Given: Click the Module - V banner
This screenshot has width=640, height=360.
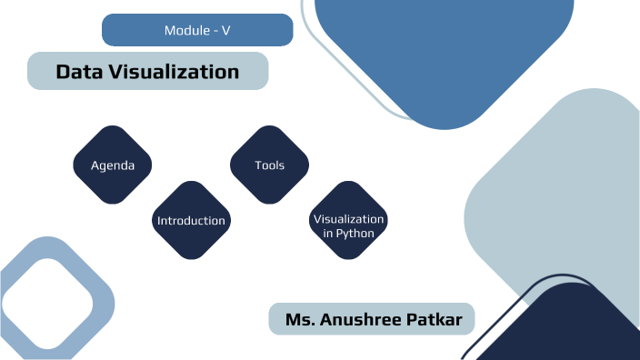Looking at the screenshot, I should coord(197,30).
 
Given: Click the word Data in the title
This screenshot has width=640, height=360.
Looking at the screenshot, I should coord(75,71).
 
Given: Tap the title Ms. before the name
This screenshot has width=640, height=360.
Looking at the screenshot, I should coord(301,320).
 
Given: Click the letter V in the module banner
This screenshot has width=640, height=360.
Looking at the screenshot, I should coord(225,31).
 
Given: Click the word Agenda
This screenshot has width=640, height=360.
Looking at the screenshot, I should coord(113,165).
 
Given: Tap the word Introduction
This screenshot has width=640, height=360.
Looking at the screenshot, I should coord(191,221).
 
